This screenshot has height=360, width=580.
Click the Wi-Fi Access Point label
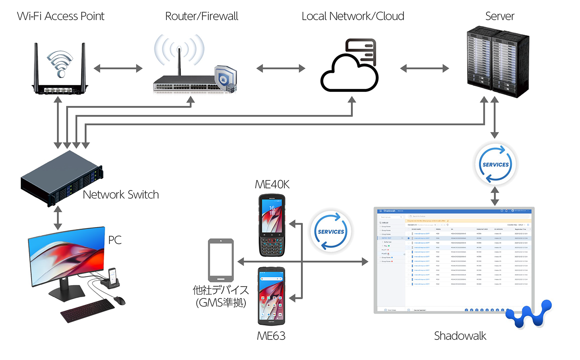click(x=60, y=16)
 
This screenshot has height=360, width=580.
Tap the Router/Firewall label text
click(x=201, y=16)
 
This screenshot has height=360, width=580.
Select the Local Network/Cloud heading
click(x=353, y=16)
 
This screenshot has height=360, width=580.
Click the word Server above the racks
click(x=499, y=16)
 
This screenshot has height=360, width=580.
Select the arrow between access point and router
click(x=118, y=68)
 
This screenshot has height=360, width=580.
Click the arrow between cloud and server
click(x=425, y=68)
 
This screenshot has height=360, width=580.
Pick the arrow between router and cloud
click(x=281, y=68)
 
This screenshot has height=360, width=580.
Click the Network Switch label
click(x=120, y=195)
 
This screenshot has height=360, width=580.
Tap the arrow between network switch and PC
click(x=58, y=217)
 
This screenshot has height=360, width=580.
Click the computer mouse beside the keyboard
click(x=120, y=300)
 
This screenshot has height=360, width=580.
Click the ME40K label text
click(x=272, y=184)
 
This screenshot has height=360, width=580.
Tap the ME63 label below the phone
click(x=271, y=336)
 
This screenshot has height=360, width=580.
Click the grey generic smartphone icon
click(x=221, y=260)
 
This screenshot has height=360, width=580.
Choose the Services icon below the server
click(x=495, y=164)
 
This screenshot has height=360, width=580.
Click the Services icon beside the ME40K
click(x=331, y=232)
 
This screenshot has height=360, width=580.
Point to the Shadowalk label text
click(x=460, y=336)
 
